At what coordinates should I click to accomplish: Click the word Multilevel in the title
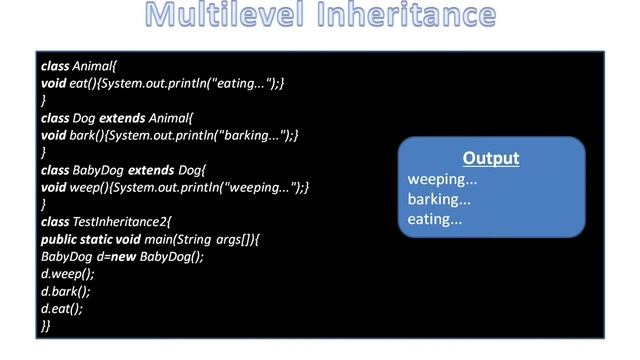point(219,17)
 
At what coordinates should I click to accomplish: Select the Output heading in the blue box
point(491,159)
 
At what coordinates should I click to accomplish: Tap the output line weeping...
point(442,179)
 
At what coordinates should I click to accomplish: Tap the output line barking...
point(440,199)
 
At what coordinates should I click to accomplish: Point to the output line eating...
point(435,219)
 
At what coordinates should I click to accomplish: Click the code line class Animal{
point(79,65)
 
